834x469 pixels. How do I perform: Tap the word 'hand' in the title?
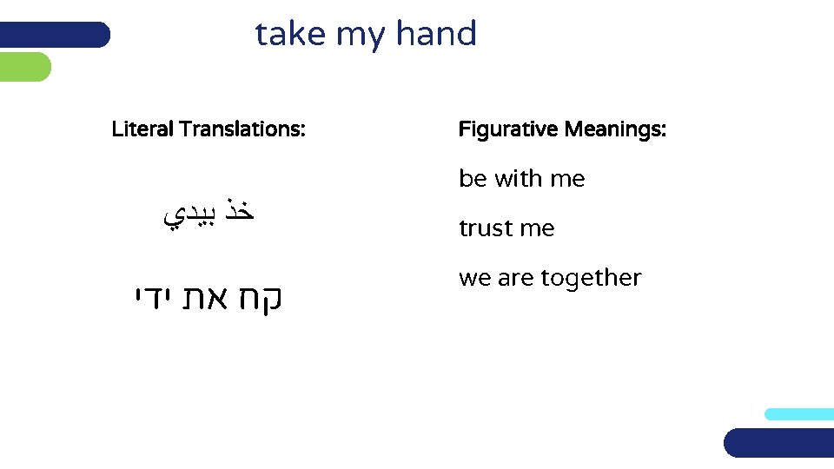coord(436,34)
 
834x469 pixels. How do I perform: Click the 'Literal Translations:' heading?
coord(208,130)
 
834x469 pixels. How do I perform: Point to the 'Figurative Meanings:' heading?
coord(562,130)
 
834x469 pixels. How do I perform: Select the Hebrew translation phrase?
coord(208,299)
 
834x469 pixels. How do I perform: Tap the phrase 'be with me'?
coord(521,179)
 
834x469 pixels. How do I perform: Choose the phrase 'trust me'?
coord(506,228)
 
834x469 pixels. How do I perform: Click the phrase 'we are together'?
coord(550,278)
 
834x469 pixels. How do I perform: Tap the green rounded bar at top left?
coord(24,67)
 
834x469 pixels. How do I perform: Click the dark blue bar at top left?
coord(54,35)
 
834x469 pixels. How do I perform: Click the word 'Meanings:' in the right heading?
coord(615,130)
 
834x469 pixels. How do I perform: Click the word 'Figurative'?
coord(508,130)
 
